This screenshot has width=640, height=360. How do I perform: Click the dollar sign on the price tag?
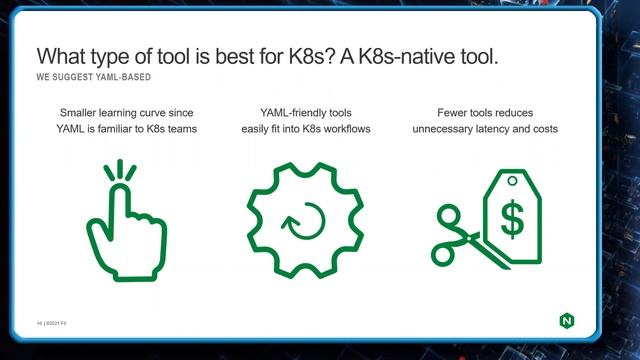512,221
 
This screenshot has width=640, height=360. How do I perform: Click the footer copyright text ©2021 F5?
47,321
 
